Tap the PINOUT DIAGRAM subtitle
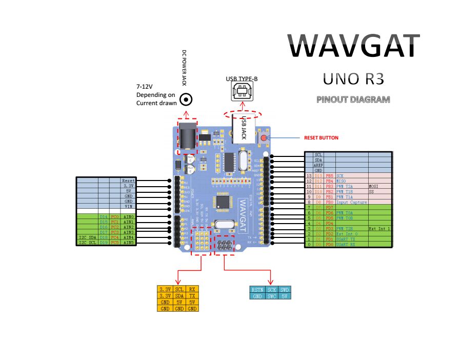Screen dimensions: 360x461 tap(353, 99)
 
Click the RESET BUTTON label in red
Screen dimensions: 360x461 tap(321, 138)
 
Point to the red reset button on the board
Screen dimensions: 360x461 tap(264, 137)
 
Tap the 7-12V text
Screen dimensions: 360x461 tap(145, 87)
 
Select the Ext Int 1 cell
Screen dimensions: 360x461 tap(379, 228)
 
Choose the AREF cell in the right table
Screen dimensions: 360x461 tap(318, 165)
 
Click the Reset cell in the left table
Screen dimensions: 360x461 tap(128, 181)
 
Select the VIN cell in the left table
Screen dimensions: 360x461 tap(128, 206)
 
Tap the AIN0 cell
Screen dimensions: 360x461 tap(128, 217)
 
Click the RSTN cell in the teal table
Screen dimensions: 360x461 tap(257, 290)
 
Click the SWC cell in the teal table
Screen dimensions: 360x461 tap(272, 296)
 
